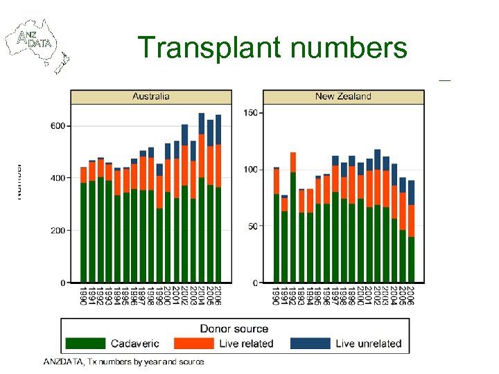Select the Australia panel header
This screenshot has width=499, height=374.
[150, 96]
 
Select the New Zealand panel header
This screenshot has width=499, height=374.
[343, 96]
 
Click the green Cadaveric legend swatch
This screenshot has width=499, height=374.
[85, 343]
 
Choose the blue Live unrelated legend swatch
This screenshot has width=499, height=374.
[309, 343]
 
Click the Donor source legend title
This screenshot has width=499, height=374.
[234, 329]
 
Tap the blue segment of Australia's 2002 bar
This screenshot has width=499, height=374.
[185, 134]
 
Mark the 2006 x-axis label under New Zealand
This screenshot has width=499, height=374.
[411, 295]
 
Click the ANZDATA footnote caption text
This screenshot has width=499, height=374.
[123, 362]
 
